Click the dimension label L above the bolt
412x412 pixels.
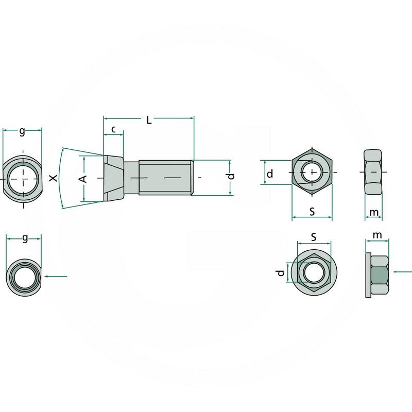(x=149, y=121)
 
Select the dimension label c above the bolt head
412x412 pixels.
(x=113, y=129)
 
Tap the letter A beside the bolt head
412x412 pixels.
(x=83, y=179)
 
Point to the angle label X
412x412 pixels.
(x=54, y=178)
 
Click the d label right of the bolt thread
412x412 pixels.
(x=231, y=176)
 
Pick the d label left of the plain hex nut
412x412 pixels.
(x=270, y=174)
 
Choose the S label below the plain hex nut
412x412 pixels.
(x=312, y=212)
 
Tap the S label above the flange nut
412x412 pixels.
(x=314, y=237)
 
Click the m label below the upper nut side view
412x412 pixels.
(x=374, y=212)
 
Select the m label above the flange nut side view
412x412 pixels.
(x=377, y=235)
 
